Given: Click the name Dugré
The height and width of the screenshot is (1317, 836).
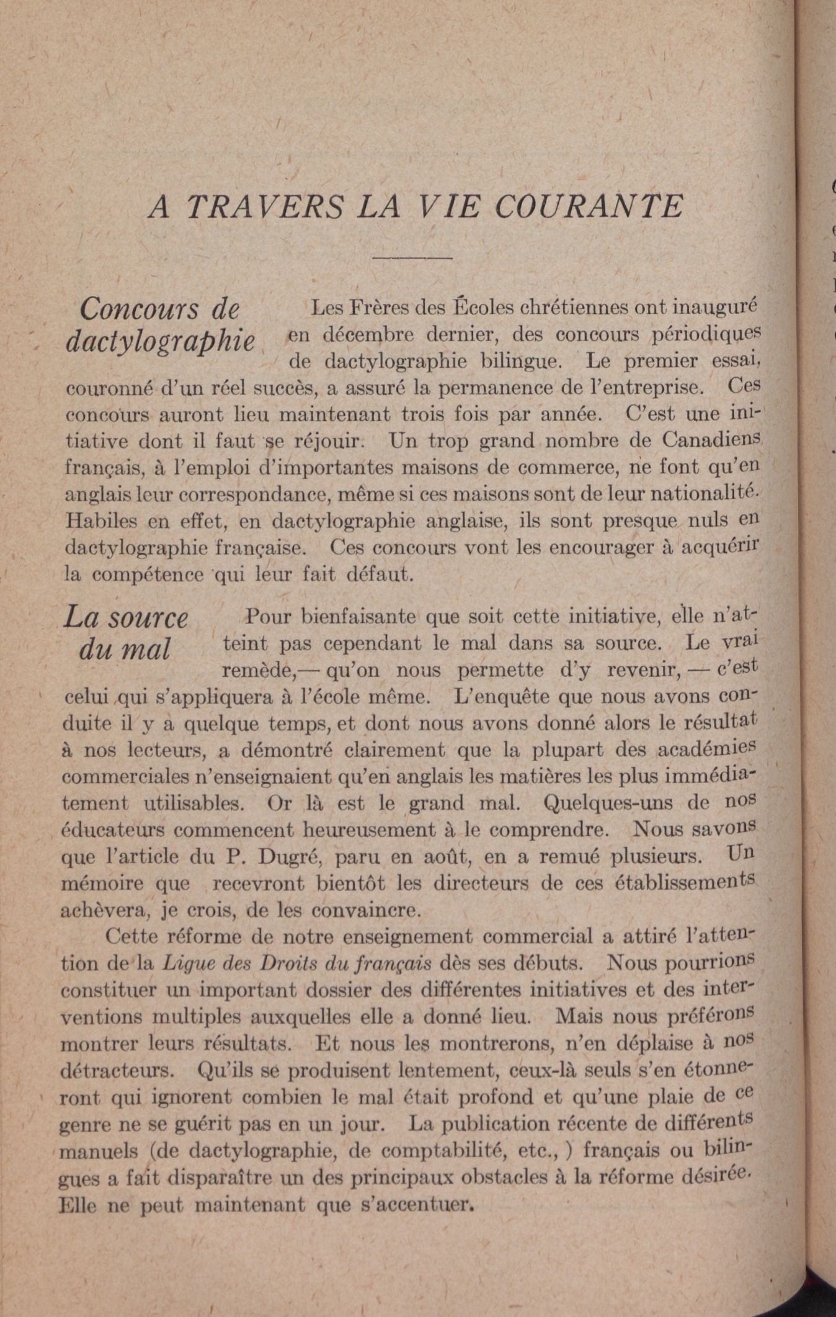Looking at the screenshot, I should point(287,857).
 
